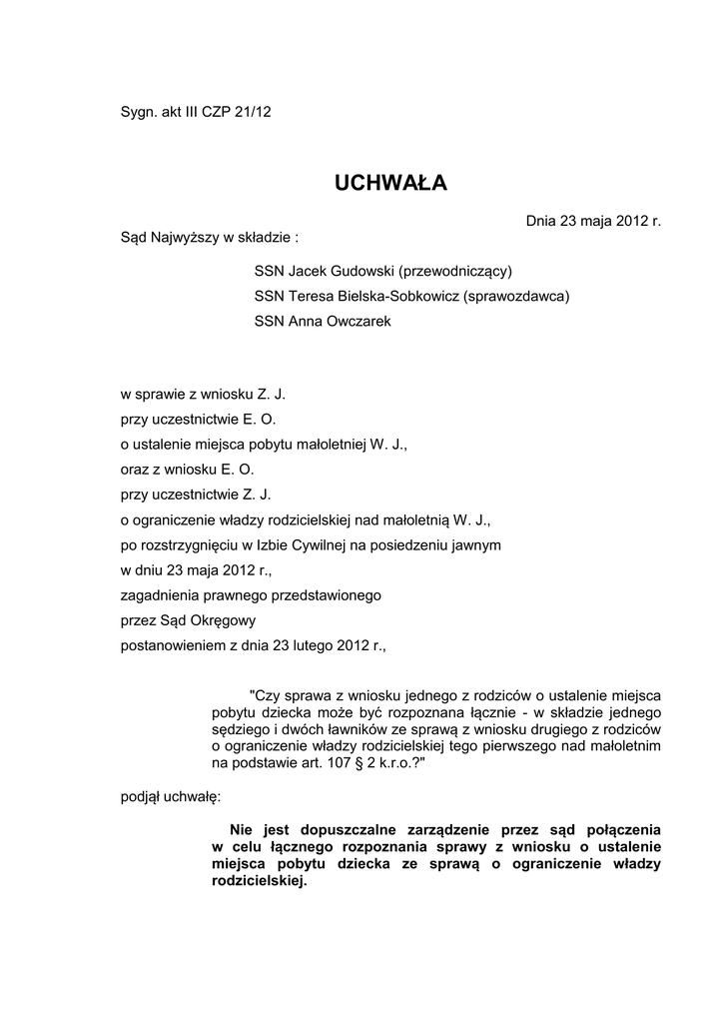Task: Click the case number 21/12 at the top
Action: (x=253, y=112)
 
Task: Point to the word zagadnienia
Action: (x=155, y=595)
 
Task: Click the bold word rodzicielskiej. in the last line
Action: (x=260, y=882)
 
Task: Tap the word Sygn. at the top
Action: (x=138, y=112)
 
